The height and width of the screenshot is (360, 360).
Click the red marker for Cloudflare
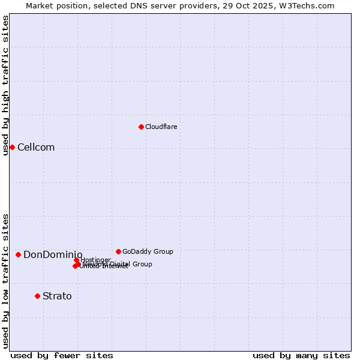[x=141, y=127]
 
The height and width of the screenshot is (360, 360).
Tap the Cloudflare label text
[x=161, y=127]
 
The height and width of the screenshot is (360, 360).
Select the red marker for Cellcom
[x=12, y=147]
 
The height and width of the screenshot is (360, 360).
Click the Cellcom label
[x=36, y=148]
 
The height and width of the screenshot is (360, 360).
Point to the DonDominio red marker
[x=19, y=254]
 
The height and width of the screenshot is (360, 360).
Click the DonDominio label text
[x=53, y=255]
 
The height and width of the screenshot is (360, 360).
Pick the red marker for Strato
[x=37, y=296]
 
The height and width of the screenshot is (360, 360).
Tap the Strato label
[x=57, y=296]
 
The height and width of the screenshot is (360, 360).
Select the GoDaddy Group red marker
[x=118, y=251]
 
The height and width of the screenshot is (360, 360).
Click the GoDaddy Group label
[x=148, y=252]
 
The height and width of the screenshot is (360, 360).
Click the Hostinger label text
[x=96, y=260]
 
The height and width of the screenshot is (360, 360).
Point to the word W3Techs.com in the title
[x=305, y=5]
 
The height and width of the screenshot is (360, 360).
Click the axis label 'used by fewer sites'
[x=62, y=355]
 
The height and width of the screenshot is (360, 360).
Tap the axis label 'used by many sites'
[x=301, y=355]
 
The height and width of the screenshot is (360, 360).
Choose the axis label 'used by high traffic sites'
[x=5, y=85]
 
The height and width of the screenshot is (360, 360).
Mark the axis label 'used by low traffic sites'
[x=5, y=280]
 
